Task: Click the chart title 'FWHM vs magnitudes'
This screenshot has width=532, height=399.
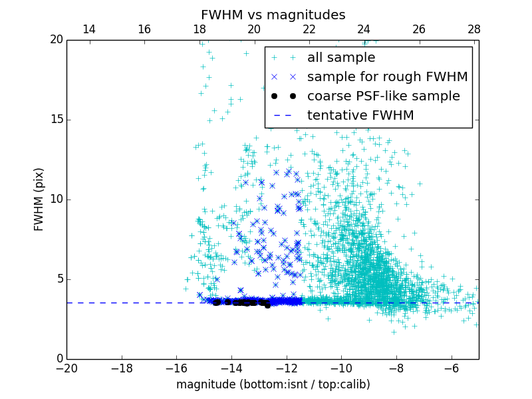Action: [273, 15]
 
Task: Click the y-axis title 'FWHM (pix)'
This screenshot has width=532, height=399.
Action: [39, 199]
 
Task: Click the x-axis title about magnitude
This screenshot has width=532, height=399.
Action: [273, 384]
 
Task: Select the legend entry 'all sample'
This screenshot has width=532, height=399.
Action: [340, 58]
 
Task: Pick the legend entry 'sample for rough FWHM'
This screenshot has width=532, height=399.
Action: [387, 77]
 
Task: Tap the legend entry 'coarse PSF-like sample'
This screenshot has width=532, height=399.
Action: [383, 96]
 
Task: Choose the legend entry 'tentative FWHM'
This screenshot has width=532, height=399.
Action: [360, 116]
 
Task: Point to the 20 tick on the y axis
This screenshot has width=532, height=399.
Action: [56, 40]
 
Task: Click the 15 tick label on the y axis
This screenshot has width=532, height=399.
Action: [56, 120]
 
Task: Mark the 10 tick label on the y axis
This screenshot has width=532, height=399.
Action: [56, 199]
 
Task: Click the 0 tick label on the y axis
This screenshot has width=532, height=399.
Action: [59, 359]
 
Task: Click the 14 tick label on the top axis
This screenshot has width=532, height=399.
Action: [88, 29]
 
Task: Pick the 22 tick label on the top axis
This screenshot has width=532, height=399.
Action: [309, 29]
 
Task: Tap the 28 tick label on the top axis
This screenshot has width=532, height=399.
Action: [473, 29]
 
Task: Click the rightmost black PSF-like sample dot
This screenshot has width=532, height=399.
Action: [267, 305]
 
